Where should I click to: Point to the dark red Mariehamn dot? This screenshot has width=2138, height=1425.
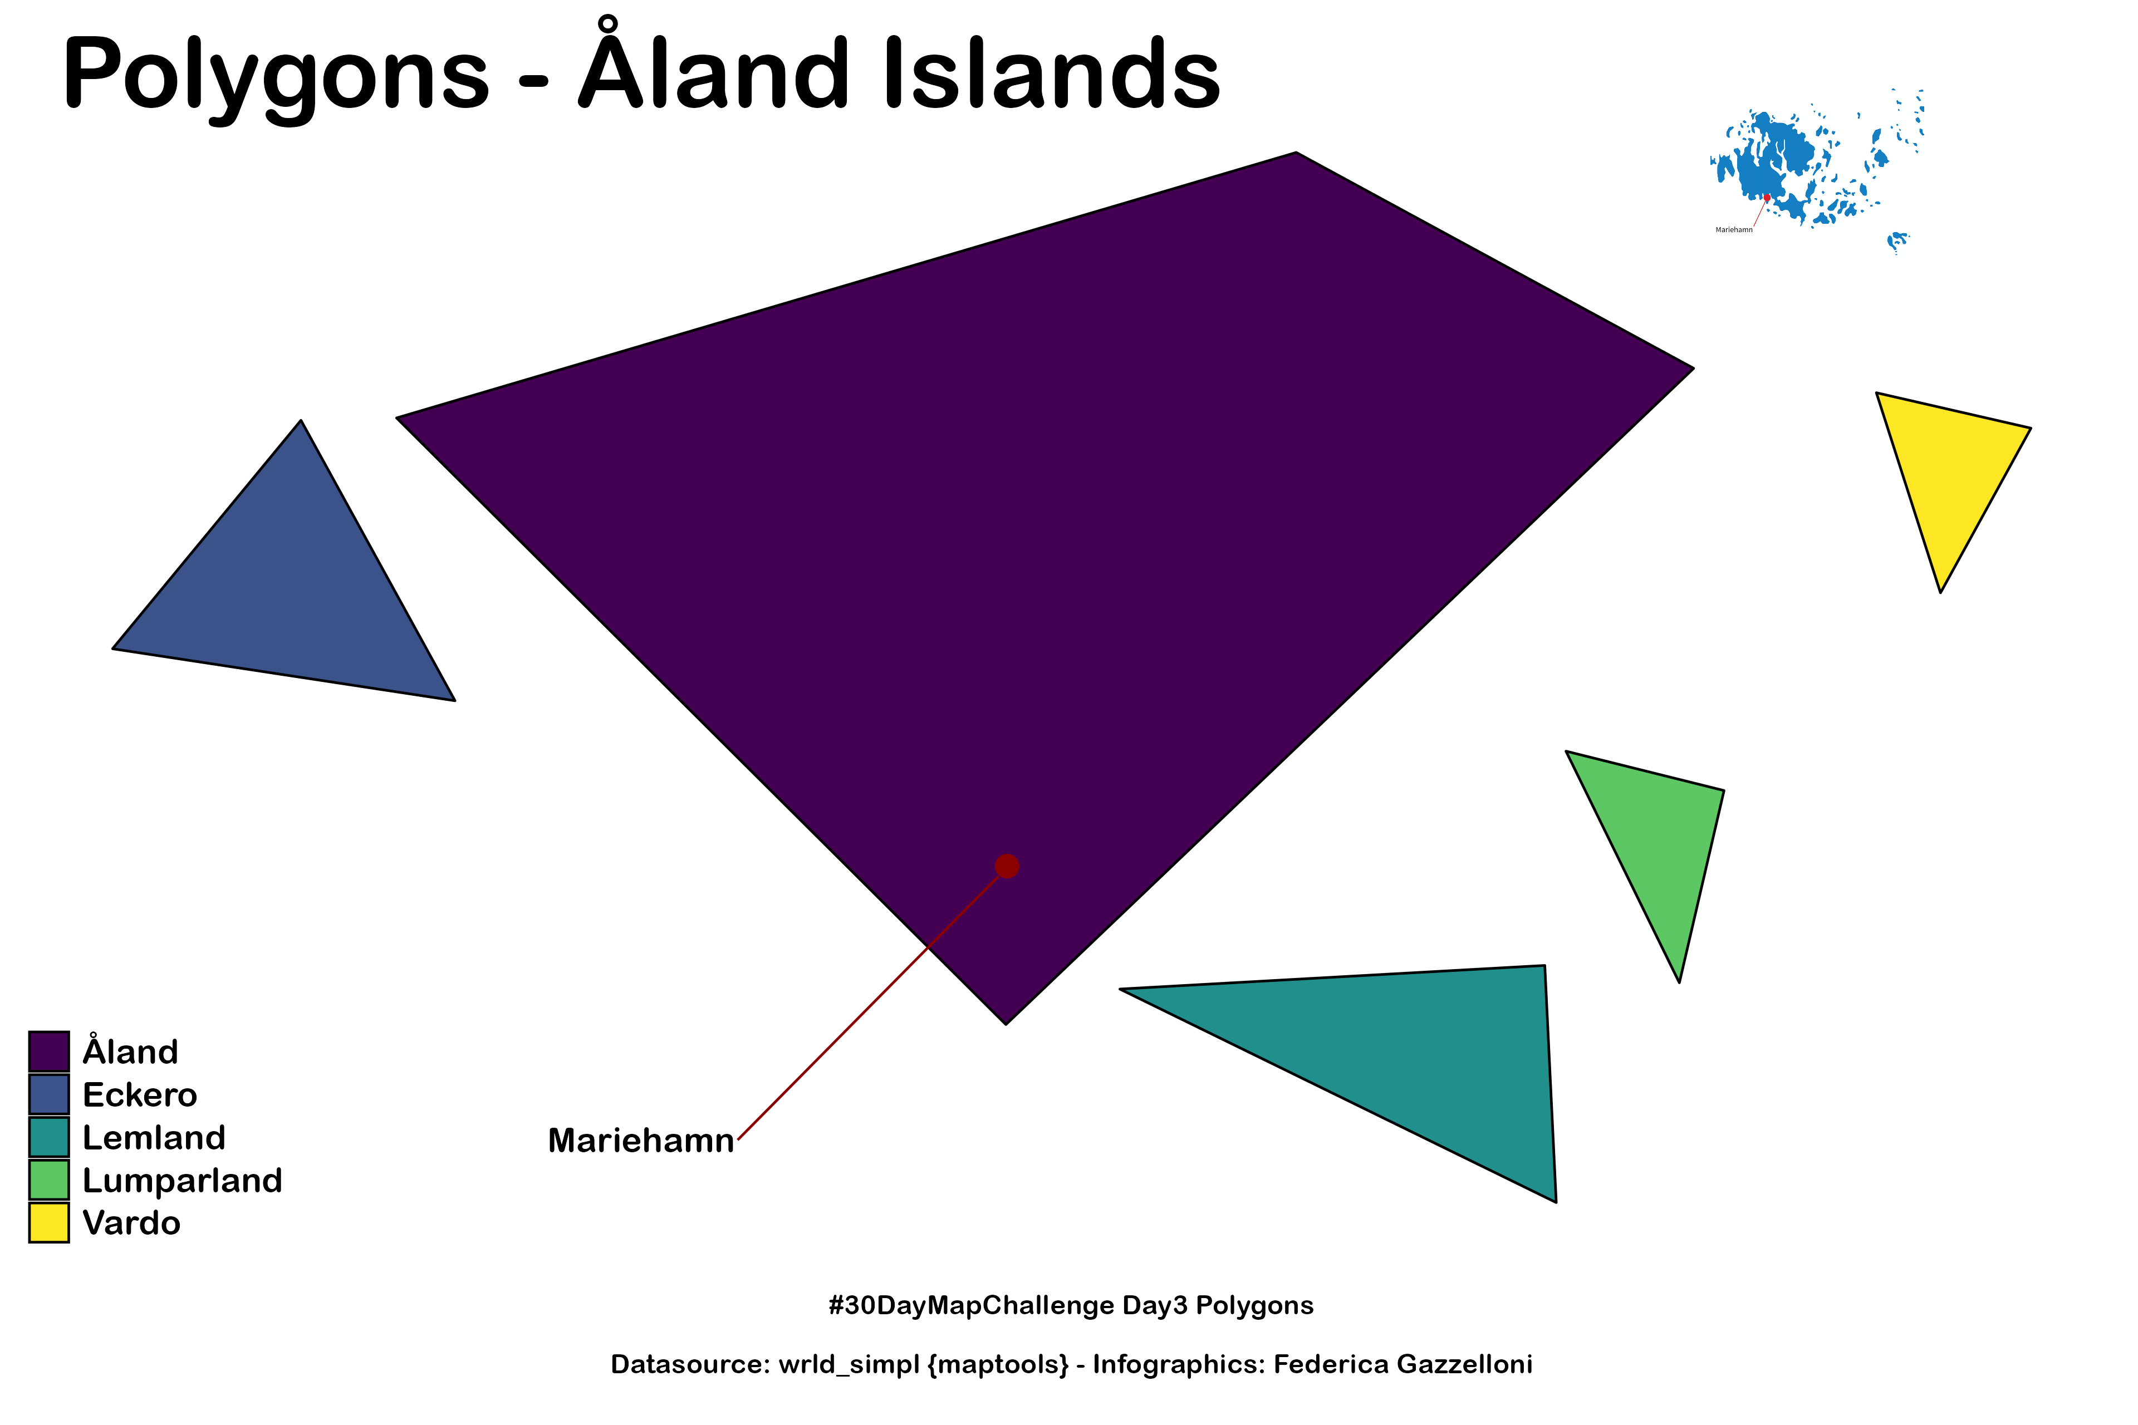click(1007, 866)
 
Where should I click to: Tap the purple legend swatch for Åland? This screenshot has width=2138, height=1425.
click(49, 1051)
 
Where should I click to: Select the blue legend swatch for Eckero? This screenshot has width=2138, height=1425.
click(49, 1094)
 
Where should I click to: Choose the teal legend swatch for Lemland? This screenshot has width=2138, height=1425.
click(49, 1137)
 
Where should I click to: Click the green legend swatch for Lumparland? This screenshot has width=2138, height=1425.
click(49, 1180)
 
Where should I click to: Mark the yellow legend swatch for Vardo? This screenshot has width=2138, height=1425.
click(49, 1222)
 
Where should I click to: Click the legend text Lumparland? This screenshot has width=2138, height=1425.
click(183, 1181)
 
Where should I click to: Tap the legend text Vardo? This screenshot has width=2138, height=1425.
click(132, 1223)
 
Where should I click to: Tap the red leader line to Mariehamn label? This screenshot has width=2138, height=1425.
click(872, 1003)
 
